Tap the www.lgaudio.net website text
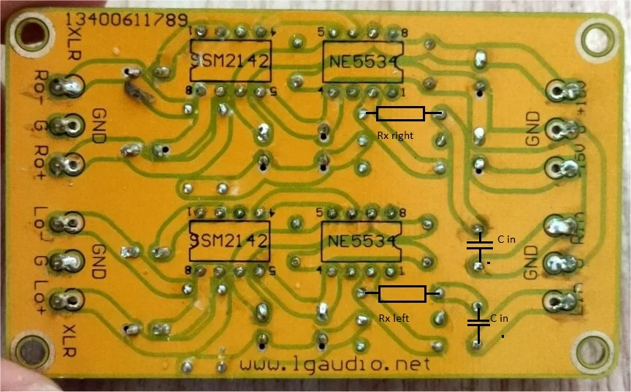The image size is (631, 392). pos(334,363)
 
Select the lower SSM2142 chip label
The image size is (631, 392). pos(230,241)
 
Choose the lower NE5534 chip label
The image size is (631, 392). pos(361,241)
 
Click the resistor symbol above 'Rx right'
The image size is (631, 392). pos(400,113)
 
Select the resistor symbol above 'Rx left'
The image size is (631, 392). pos(402,294)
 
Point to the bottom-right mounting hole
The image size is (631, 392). pos(595,353)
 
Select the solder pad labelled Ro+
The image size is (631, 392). pos(72,164)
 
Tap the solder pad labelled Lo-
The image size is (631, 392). pos(72,222)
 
